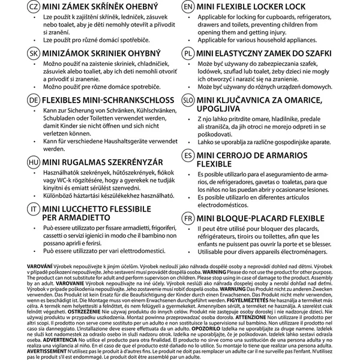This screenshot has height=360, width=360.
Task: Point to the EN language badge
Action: [188, 7]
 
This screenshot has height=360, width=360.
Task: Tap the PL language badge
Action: [188, 53]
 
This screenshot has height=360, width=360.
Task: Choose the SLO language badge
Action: [188, 100]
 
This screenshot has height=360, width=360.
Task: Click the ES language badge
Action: [188, 155]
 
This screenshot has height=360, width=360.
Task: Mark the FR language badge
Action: [188, 217]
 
